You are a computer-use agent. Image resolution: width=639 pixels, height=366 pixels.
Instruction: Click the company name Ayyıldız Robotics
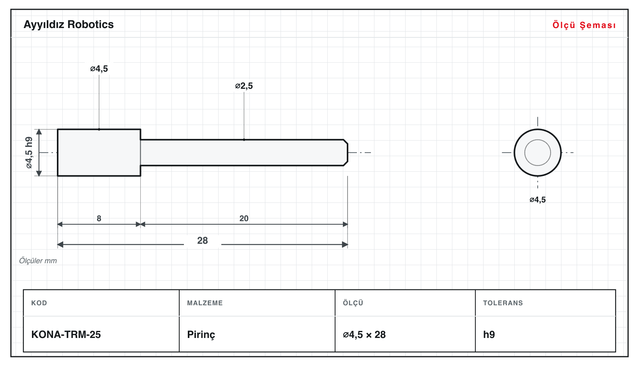pyautogui.click(x=69, y=25)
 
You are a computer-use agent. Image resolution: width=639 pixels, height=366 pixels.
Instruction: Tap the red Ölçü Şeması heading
pyautogui.click(x=584, y=25)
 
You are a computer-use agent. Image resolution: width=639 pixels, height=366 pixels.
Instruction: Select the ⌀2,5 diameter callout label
pyautogui.click(x=244, y=86)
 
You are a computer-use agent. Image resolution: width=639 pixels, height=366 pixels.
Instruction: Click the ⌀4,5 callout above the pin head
pyautogui.click(x=99, y=69)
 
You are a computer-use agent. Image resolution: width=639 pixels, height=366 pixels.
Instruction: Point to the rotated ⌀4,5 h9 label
pyautogui.click(x=29, y=153)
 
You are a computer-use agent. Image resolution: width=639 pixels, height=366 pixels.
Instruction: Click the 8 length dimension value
pyautogui.click(x=99, y=218)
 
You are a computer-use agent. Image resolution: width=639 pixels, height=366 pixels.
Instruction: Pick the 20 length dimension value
pyautogui.click(x=244, y=218)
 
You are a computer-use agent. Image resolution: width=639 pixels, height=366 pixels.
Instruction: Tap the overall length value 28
pyautogui.click(x=203, y=241)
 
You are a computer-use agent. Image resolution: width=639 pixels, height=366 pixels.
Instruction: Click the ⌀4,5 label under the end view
pyautogui.click(x=537, y=200)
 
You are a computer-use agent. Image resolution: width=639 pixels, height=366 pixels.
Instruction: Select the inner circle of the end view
pyautogui.click(x=537, y=140)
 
